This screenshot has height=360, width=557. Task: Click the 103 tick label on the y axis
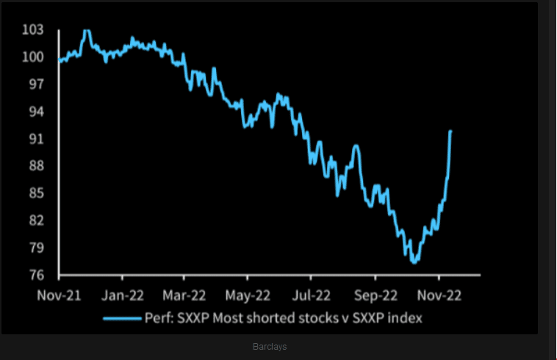[x=34, y=30]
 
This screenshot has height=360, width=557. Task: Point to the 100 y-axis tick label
[x=34, y=57]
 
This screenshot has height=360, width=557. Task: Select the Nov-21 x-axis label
[x=59, y=295]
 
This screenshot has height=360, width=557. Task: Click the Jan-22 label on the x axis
[x=122, y=295]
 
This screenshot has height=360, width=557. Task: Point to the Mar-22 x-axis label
[x=184, y=295]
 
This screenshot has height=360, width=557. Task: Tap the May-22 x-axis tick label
[x=248, y=295]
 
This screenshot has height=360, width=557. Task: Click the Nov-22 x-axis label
[x=439, y=295]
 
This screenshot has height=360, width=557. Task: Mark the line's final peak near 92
[x=450, y=131]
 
